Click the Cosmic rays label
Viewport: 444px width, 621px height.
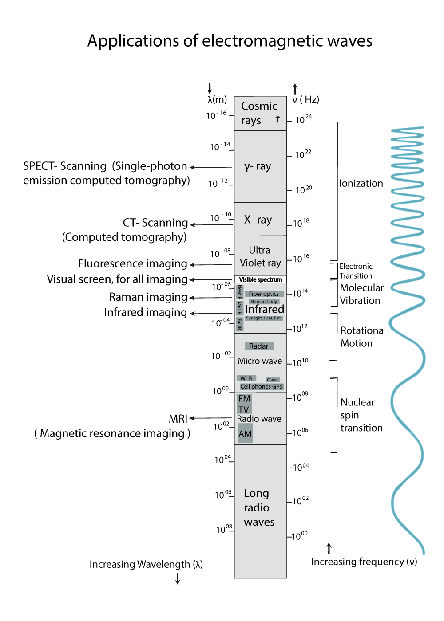coord(259,113)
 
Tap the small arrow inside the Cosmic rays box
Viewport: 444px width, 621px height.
coord(277,119)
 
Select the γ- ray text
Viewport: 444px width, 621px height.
coord(258,166)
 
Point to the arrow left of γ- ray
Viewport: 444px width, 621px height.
coord(210,167)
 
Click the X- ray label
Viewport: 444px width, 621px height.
coord(258,220)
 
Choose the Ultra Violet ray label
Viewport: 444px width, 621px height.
coord(260,256)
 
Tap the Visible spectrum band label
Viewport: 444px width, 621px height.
coord(261,279)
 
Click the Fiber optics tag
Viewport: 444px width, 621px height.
coord(264,294)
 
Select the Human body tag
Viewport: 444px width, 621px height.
coord(264,302)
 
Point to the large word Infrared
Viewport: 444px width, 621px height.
coord(265,309)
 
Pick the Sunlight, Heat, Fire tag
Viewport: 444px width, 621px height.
coord(264,318)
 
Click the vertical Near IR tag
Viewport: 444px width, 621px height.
coord(240,291)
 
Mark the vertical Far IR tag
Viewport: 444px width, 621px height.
coord(240,324)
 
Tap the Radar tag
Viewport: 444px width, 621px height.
coord(259,346)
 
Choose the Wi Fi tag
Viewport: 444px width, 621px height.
coord(246,378)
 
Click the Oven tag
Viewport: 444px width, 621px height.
coord(272,380)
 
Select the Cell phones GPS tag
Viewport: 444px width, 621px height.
coord(262,386)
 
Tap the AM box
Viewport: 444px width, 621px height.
coord(245,433)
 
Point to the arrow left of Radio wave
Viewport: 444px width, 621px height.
coord(210,418)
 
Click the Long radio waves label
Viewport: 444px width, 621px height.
coord(258,507)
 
